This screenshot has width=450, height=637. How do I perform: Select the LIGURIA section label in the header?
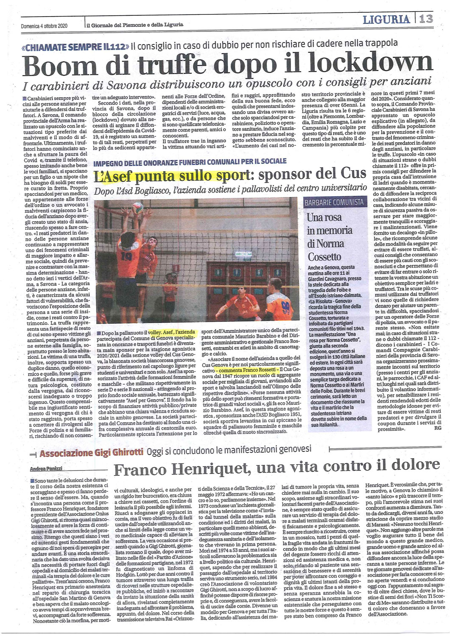click(386, 19)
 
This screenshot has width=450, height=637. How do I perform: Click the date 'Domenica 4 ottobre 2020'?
click(44, 25)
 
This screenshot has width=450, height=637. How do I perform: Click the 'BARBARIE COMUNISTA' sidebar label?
click(334, 203)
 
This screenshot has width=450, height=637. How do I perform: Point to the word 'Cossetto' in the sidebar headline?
click(324, 256)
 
